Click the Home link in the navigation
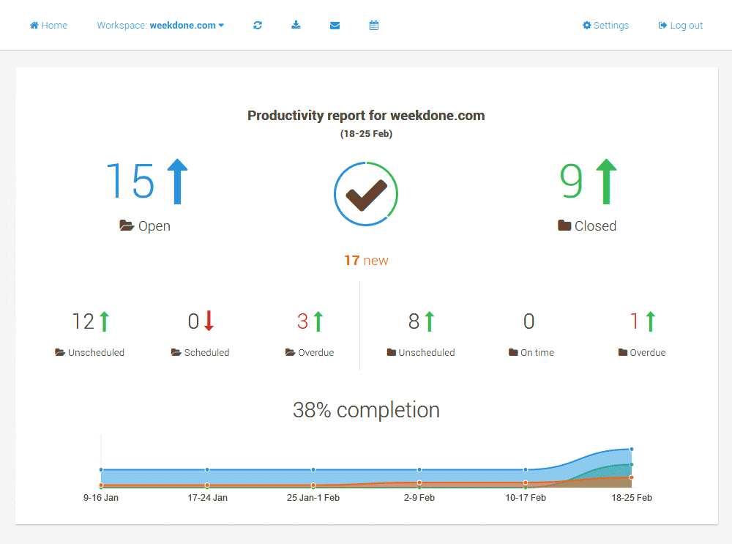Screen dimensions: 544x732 48,26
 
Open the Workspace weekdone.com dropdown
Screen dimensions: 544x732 160,26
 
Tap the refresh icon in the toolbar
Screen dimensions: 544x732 258,26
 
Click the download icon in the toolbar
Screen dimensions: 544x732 296,26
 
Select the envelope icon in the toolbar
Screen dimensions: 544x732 335,26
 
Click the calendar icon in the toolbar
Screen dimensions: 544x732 374,26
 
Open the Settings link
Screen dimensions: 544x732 605,26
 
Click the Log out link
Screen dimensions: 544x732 681,26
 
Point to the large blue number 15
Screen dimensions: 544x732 130,182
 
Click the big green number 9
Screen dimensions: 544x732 572,182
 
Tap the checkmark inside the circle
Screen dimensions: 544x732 366,194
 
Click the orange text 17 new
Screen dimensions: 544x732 366,261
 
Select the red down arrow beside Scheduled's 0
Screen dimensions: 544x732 209,321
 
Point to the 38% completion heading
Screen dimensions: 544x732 366,410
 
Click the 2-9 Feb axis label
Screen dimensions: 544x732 419,498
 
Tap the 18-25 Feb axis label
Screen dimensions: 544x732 632,498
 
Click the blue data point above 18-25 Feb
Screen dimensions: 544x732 631,449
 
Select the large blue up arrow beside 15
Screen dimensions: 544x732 177,182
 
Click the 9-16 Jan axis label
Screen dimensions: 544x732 101,498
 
